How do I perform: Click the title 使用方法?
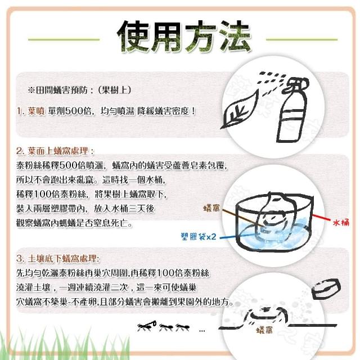pyautogui.click(x=184, y=36)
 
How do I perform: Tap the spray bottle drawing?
pyautogui.click(x=292, y=110)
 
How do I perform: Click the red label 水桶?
pyautogui.click(x=341, y=222)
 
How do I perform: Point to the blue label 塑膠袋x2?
pyautogui.click(x=199, y=236)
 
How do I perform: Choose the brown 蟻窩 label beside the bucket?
pyautogui.click(x=211, y=208)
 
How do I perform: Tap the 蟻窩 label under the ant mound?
pyautogui.click(x=264, y=330)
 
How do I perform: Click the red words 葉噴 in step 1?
pyautogui.click(x=36, y=111)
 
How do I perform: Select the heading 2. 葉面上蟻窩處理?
pyautogui.click(x=55, y=151)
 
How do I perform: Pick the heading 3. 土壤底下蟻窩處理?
pyautogui.click(x=58, y=259)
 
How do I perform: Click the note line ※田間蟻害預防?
pyautogui.click(x=79, y=90)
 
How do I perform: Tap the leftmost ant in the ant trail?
pyautogui.click(x=146, y=326)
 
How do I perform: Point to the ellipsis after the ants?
pyautogui.click(x=202, y=331)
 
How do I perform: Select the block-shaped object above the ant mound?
pyautogui.click(x=326, y=289)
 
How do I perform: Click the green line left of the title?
pyautogui.click(x=64, y=39)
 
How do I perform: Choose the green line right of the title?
pyautogui.click(x=301, y=39)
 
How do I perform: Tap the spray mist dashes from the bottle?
pyautogui.click(x=272, y=82)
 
